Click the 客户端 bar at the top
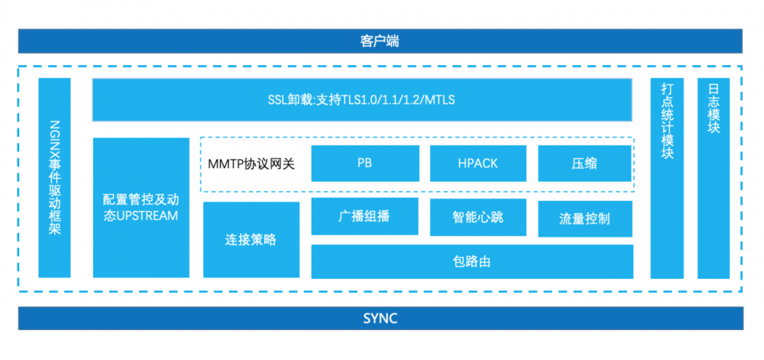(x=380, y=41)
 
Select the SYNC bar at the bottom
(x=380, y=318)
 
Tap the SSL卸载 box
(x=362, y=99)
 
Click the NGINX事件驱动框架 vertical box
(x=54, y=177)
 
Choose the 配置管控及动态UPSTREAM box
(x=141, y=207)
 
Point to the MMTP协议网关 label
(x=251, y=164)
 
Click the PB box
(x=364, y=163)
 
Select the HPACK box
(x=477, y=163)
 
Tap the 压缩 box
(x=584, y=163)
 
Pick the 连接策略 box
(x=251, y=239)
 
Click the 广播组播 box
(x=364, y=217)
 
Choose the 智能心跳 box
(x=477, y=217)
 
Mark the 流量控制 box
(x=584, y=219)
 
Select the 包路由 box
(x=471, y=261)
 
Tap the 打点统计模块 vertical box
(x=667, y=177)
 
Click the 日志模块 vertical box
(x=714, y=177)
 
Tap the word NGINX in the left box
(x=54, y=137)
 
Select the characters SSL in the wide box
(x=278, y=100)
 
